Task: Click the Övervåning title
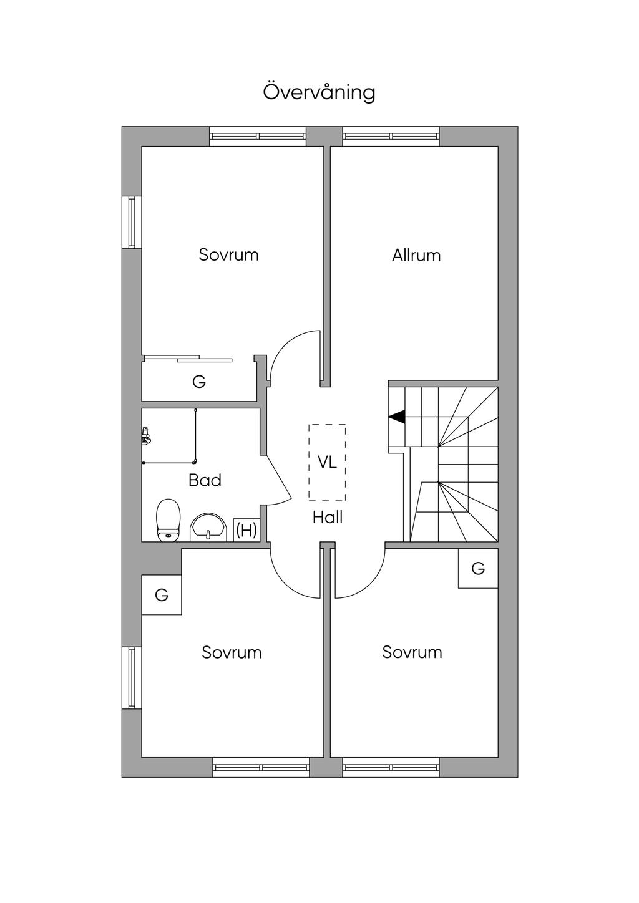(319, 92)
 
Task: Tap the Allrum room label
(416, 256)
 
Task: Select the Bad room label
(205, 480)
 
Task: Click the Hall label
(328, 518)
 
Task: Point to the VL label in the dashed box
(327, 462)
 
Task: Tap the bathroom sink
(208, 527)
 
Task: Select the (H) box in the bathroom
(246, 529)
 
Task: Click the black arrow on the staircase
(396, 417)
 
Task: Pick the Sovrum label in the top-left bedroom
(229, 255)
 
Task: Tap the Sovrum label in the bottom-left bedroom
(232, 652)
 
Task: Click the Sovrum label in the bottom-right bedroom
(412, 652)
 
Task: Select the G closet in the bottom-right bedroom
(478, 568)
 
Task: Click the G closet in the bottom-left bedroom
(162, 595)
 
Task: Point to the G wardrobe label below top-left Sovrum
(199, 382)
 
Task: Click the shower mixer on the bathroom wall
(146, 436)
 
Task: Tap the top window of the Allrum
(391, 136)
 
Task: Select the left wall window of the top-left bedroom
(132, 222)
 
